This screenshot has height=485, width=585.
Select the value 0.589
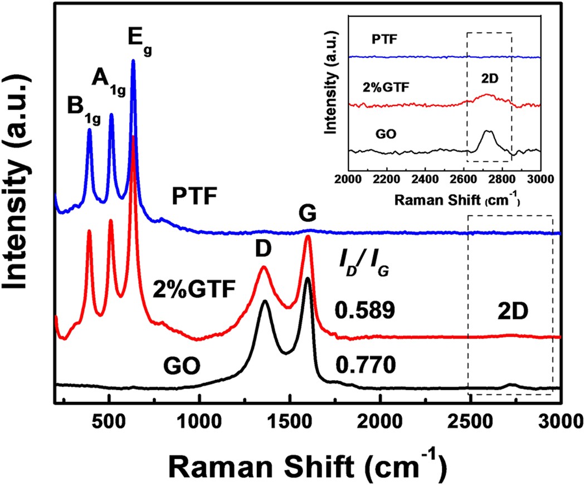[x=365, y=311]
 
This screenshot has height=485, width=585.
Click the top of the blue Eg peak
[x=133, y=61]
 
